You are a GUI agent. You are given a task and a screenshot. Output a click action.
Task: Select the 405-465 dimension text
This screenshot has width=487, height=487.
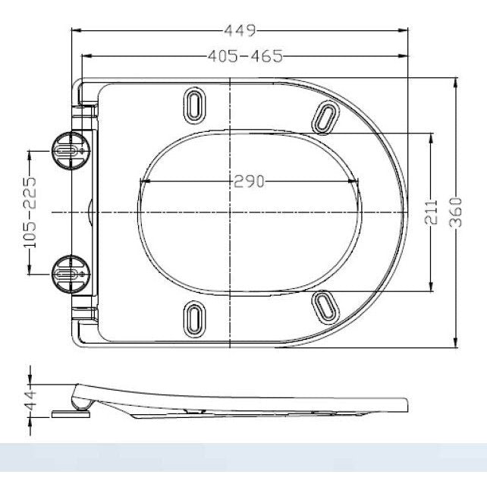243,56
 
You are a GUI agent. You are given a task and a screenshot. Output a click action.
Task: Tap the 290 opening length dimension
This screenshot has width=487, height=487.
248,181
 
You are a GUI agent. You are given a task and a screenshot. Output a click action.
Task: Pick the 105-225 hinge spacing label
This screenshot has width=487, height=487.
30,213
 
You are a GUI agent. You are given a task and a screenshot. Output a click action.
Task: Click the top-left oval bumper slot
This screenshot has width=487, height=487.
194,105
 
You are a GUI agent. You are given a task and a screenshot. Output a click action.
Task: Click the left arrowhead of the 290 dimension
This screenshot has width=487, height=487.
143,181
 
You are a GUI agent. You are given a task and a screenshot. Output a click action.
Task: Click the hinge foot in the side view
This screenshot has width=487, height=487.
71,414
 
